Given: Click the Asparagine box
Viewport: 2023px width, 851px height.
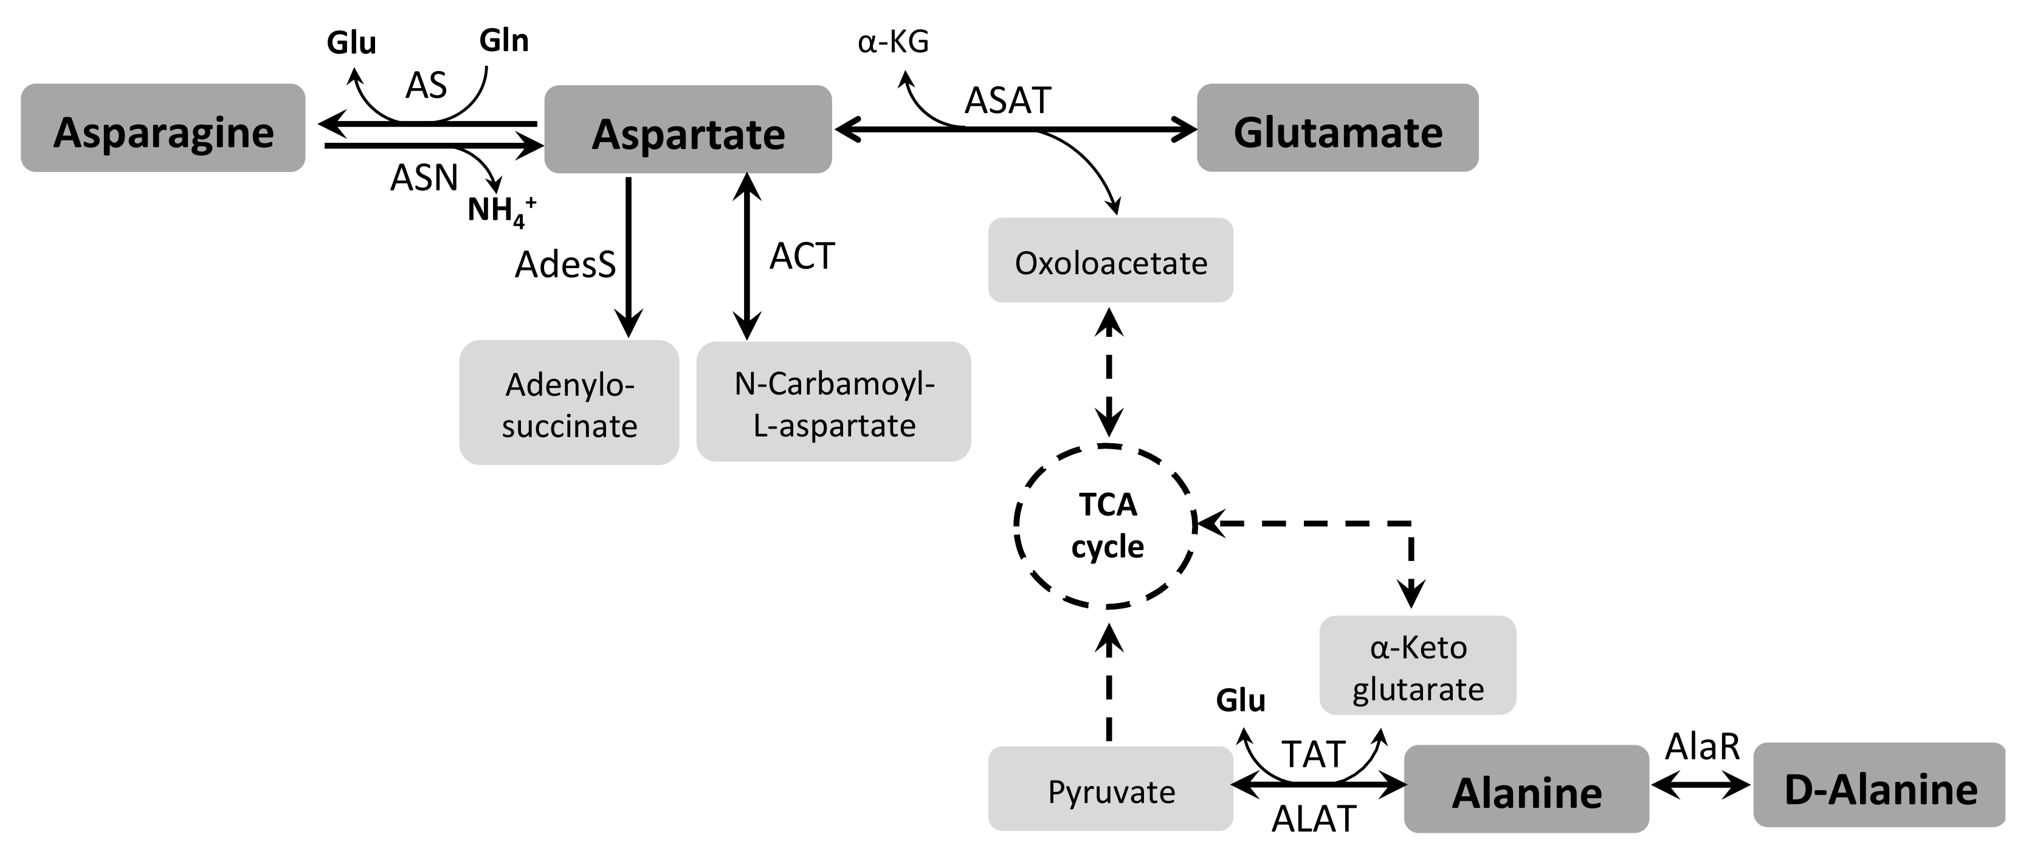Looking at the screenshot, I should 162,128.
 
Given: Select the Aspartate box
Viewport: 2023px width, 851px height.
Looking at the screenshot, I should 688,129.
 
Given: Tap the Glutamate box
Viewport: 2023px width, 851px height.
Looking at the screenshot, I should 1337,128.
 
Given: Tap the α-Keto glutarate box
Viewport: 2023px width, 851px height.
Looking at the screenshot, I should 1418,665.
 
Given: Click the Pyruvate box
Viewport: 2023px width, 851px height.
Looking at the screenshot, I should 1111,789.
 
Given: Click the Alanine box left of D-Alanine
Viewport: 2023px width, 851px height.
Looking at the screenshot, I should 1526,789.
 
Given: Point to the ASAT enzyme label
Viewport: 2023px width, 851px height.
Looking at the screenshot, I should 1008,100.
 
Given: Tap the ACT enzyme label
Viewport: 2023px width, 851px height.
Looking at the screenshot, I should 801,256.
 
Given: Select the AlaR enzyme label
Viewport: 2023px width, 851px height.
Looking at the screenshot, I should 1702,746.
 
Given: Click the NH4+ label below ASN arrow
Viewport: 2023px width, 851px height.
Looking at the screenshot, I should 501,210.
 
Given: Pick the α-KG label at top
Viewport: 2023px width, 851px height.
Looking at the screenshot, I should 893,41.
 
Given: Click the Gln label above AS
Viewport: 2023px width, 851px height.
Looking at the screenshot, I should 503,40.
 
